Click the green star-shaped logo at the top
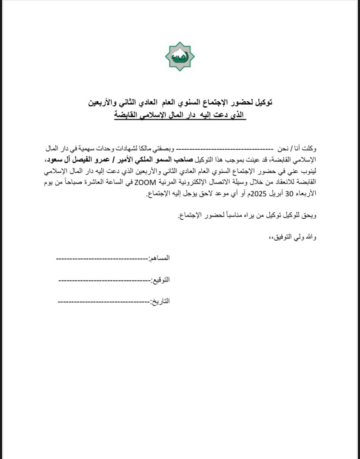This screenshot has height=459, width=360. click(x=180, y=56)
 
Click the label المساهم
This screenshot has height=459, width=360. click(x=159, y=258)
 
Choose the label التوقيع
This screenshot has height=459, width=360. click(x=160, y=280)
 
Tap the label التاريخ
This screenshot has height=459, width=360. click(x=160, y=301)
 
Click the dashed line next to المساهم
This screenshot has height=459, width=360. click(x=102, y=258)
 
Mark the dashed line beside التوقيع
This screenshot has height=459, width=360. click(x=104, y=280)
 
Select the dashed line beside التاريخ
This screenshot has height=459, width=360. click(x=103, y=302)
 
